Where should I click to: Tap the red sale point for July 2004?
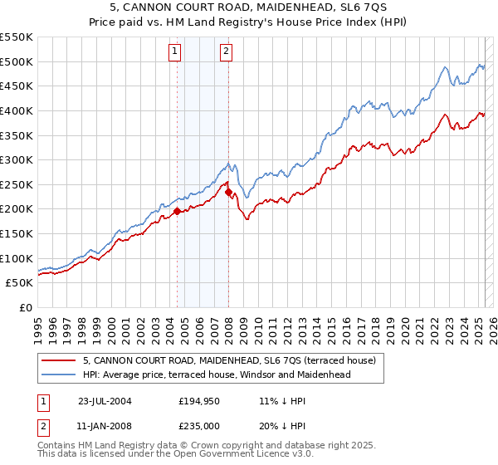click(178, 212)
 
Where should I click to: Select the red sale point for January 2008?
click(228, 192)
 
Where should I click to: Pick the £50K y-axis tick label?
click(20, 283)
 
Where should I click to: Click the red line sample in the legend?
click(59, 361)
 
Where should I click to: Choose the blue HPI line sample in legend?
click(59, 375)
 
